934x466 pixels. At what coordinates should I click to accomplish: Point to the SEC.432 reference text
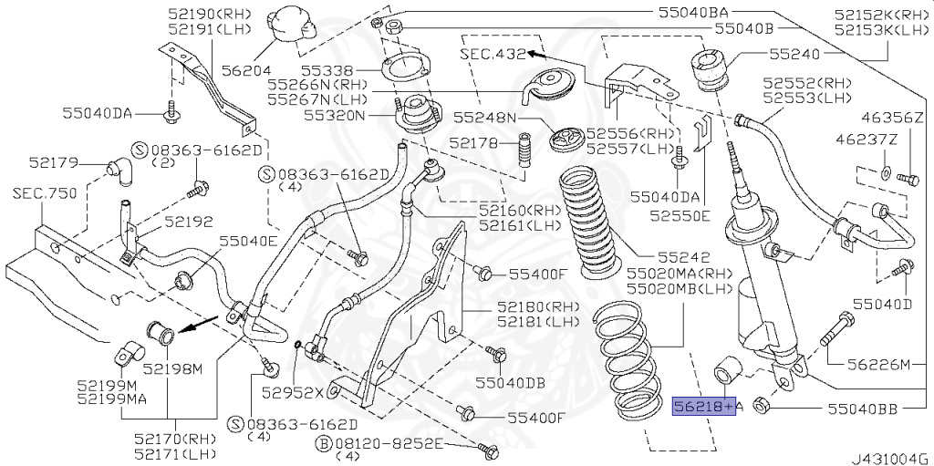pos(493,54)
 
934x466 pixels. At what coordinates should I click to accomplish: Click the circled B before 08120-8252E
pos(323,443)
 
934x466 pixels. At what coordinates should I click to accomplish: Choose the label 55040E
pos(246,241)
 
